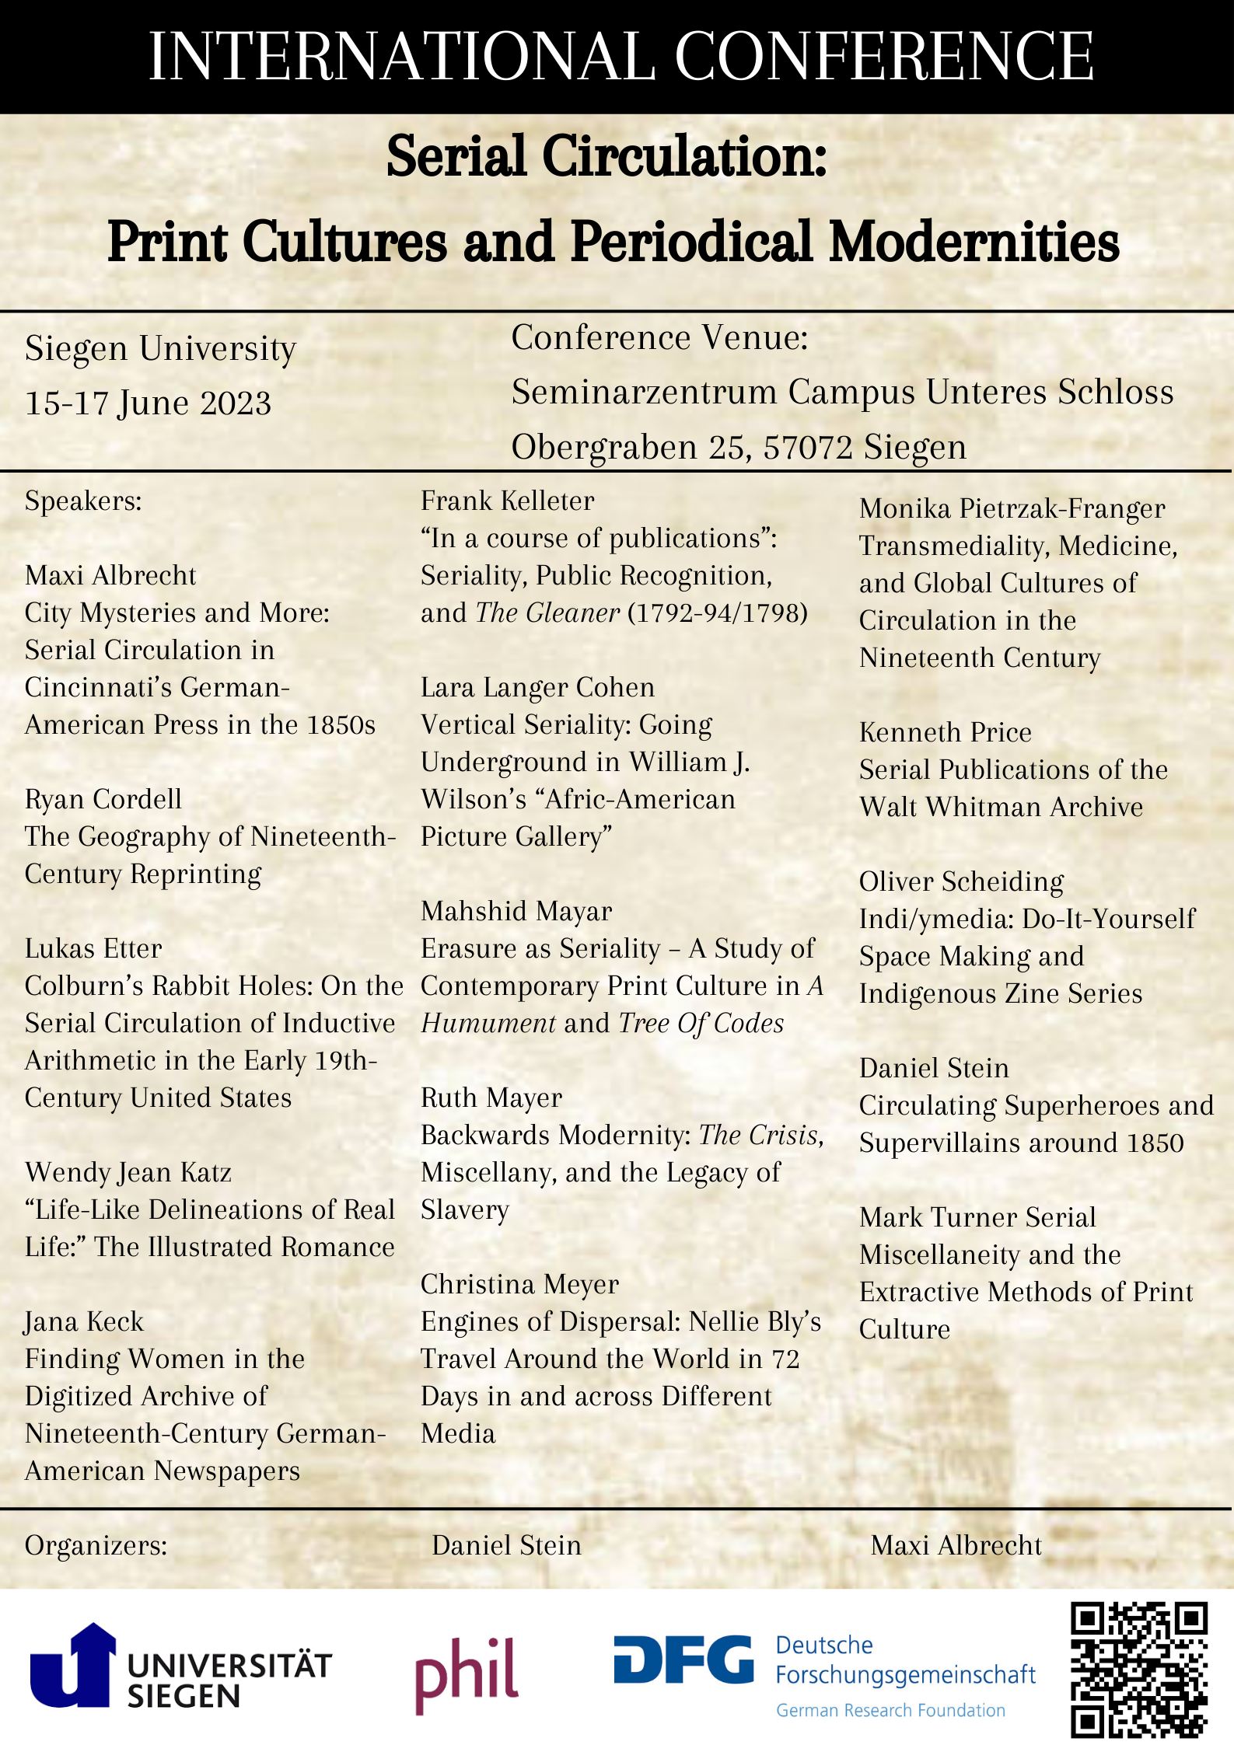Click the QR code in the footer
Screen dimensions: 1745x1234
click(1138, 1669)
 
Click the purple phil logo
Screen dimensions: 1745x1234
click(467, 1671)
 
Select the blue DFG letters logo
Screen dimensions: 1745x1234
click(683, 1659)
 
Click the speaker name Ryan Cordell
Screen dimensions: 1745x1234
click(103, 799)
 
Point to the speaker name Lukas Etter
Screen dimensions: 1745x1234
click(93, 948)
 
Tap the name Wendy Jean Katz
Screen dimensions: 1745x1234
click(128, 1172)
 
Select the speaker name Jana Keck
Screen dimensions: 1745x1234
click(84, 1321)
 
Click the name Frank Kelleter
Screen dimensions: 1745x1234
click(507, 501)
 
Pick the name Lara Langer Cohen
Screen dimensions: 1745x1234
click(537, 687)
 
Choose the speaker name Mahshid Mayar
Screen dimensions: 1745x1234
click(516, 911)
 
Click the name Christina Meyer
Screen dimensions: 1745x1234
click(519, 1284)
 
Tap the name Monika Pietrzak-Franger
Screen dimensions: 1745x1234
click(1012, 508)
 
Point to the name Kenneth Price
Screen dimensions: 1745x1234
click(945, 732)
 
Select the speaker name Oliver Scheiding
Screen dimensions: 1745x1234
click(961, 881)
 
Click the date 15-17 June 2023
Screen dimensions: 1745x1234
click(148, 403)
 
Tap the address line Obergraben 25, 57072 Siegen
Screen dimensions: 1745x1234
click(739, 447)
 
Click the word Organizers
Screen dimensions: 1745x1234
click(96, 1545)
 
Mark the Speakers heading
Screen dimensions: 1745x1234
click(83, 501)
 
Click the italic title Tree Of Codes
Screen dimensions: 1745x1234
click(701, 1023)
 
